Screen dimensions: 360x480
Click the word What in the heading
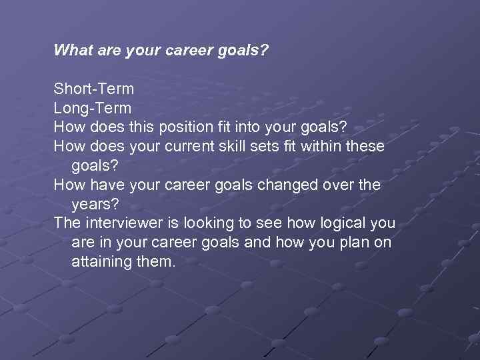[71, 50]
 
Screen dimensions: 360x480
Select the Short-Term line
[94, 89]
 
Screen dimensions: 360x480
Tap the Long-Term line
[93, 108]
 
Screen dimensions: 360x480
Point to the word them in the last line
[156, 262]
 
